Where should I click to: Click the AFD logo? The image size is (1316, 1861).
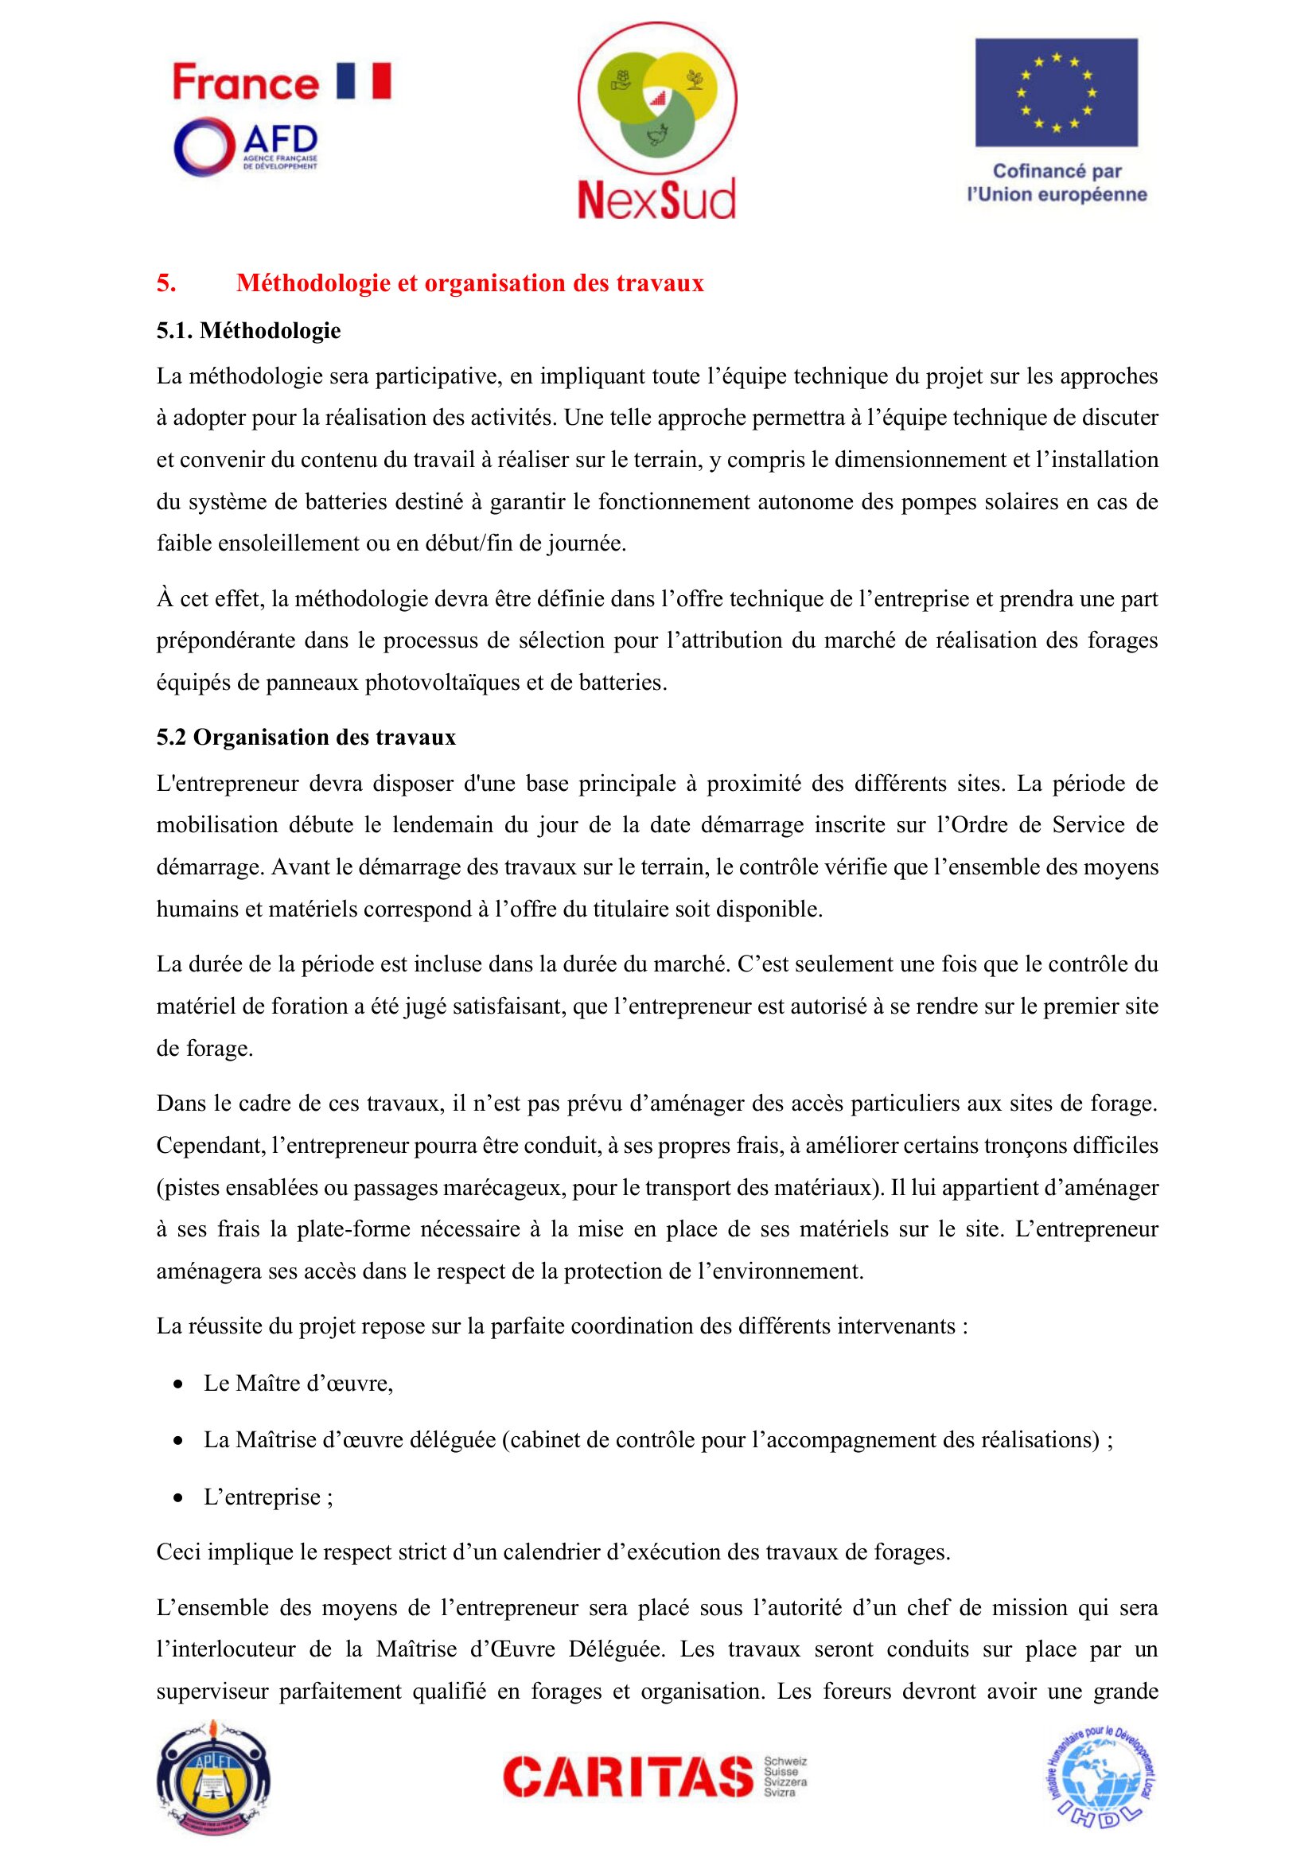click(x=245, y=146)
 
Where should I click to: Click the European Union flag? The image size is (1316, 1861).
click(x=1056, y=92)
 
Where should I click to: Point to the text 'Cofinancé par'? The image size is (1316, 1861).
click(x=1057, y=171)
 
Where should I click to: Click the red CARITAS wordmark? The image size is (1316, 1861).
click(x=628, y=1777)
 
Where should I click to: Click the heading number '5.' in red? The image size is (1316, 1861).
click(x=166, y=283)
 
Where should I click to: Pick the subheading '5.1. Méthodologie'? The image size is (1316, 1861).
click(x=248, y=331)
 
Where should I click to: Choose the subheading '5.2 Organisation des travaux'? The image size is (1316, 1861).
click(x=306, y=737)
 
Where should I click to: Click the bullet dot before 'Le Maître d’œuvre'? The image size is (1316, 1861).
click(x=178, y=1384)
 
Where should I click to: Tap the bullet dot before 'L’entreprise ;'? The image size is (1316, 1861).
click(x=178, y=1497)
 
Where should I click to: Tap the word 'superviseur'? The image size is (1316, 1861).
click(x=212, y=1692)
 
